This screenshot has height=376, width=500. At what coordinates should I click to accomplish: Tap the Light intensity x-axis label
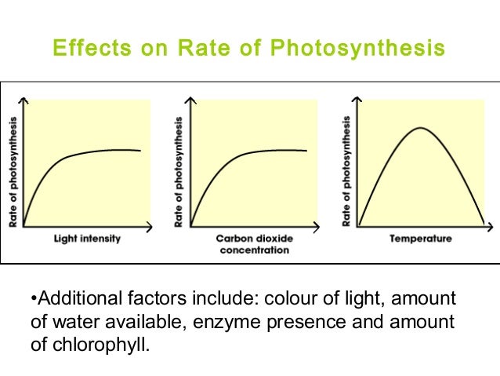pyautogui.click(x=86, y=239)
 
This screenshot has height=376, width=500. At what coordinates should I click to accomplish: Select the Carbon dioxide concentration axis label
pyautogui.click(x=252, y=244)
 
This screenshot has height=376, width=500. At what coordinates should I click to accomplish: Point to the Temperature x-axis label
pyautogui.click(x=420, y=239)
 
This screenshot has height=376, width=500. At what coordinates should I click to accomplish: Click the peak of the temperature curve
pyautogui.click(x=420, y=128)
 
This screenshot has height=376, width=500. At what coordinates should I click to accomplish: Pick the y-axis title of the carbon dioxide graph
pyautogui.click(x=179, y=172)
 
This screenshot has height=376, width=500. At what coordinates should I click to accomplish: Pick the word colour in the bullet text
pyautogui.click(x=292, y=299)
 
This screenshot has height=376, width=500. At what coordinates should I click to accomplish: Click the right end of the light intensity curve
pyautogui.click(x=141, y=150)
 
